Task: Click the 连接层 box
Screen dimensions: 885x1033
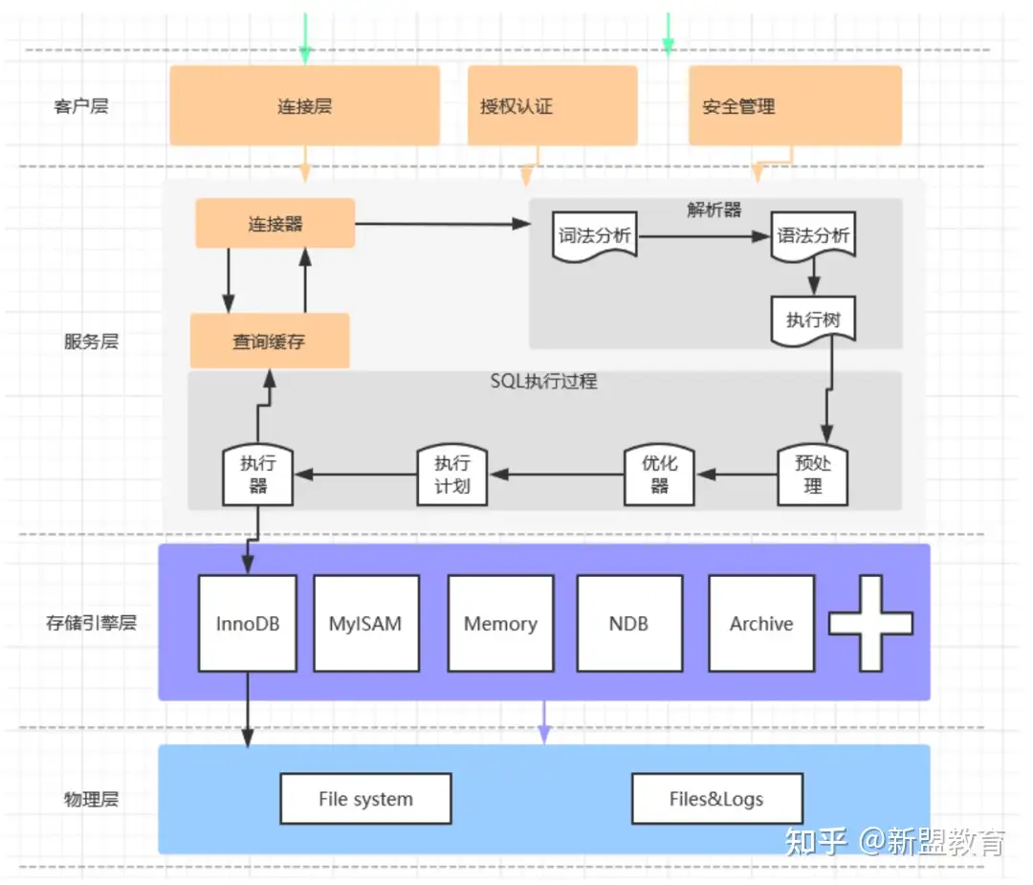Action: [x=304, y=105]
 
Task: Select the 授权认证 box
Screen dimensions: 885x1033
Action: [x=552, y=105]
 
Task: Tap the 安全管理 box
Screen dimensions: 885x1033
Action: [x=795, y=105]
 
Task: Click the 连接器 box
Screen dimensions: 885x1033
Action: [x=275, y=224]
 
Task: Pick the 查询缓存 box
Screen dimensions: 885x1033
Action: [x=269, y=341]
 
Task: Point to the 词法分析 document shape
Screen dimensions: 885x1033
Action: [x=595, y=236]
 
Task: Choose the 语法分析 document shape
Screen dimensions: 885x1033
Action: [x=813, y=236]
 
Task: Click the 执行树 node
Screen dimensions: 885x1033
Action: [x=813, y=320]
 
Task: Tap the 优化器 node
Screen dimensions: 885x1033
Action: [x=659, y=474]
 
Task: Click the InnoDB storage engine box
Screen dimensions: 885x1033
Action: [x=248, y=623]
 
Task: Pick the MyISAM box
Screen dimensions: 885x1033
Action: [x=365, y=623]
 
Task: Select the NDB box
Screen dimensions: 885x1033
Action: [x=628, y=623]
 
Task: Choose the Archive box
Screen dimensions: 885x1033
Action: [x=761, y=623]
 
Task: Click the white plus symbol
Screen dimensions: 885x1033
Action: [x=870, y=623]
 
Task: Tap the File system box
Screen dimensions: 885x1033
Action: [x=365, y=799]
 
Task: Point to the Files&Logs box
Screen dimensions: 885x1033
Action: [x=716, y=799]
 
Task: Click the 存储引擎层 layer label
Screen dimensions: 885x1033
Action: [x=91, y=623]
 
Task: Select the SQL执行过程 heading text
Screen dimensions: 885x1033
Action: [x=543, y=381]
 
